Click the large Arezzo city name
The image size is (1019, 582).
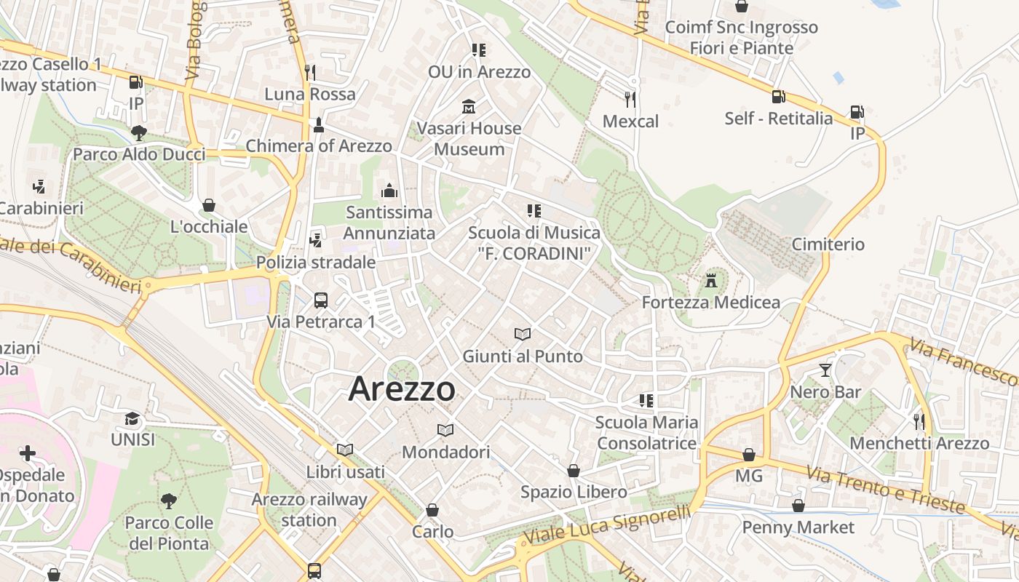point(402,389)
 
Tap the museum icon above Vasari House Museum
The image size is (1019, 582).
point(469,107)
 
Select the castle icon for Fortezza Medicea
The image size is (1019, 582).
point(711,280)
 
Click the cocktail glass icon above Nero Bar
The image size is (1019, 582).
point(825,370)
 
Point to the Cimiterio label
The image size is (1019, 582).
point(828,244)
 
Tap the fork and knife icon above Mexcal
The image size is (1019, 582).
point(630,99)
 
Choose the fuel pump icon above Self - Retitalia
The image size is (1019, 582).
point(778,96)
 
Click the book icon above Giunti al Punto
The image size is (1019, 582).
point(523,334)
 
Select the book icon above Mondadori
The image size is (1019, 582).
point(445,430)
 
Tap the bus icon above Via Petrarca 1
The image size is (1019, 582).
point(320,300)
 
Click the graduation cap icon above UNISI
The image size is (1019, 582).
point(132,418)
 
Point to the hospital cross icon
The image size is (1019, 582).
point(28,454)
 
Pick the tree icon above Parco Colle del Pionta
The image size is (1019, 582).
point(168,501)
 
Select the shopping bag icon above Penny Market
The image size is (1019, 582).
point(798,506)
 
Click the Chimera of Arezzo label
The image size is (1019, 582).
point(319,145)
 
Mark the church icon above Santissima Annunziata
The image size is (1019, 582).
point(389,191)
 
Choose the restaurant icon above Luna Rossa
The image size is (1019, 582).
point(310,72)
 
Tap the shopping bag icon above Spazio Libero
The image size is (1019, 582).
point(574,471)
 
